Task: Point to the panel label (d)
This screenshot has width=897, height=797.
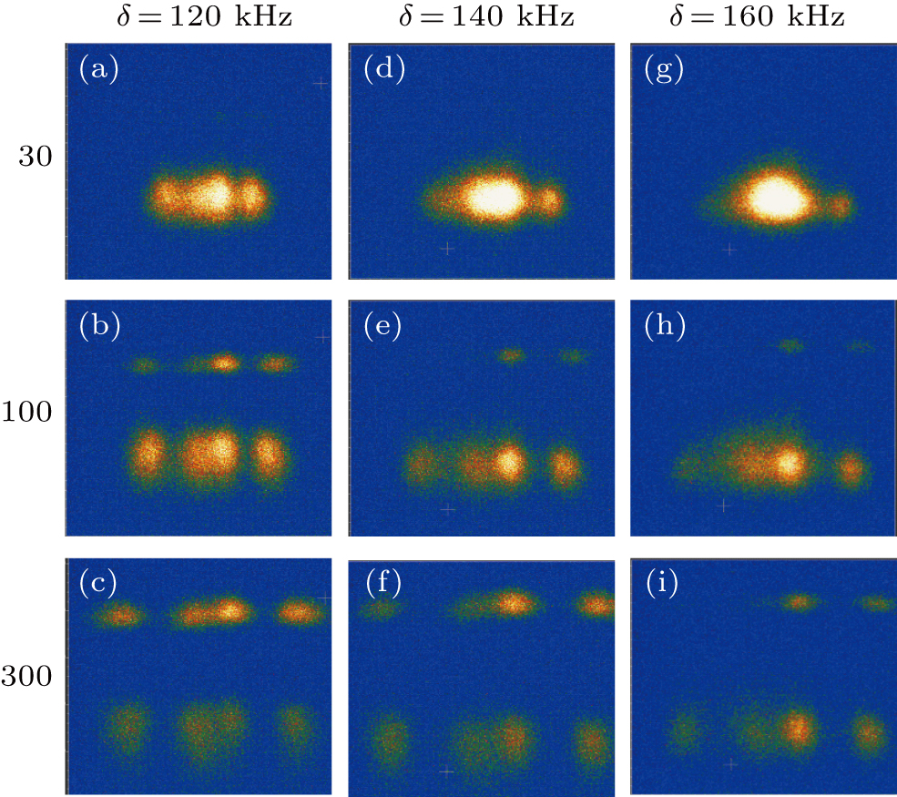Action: [x=383, y=70]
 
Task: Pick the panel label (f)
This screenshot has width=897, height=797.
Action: [x=382, y=584]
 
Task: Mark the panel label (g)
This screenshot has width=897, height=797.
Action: [x=663, y=70]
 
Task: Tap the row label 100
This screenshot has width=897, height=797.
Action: [x=32, y=412]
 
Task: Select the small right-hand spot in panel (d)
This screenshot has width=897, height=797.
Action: [x=549, y=201]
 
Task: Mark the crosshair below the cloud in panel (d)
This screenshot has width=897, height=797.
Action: [x=446, y=248]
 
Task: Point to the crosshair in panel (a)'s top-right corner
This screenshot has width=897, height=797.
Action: [x=320, y=83]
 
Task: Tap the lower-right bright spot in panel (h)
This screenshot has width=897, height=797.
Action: [x=851, y=469]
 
